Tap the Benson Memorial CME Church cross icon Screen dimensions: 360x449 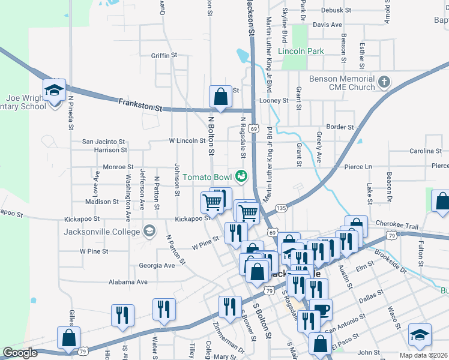384,81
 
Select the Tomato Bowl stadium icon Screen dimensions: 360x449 241,176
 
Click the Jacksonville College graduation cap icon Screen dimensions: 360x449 149,231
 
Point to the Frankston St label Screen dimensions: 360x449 140,105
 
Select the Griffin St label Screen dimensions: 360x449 164,55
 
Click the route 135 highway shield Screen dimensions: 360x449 281,208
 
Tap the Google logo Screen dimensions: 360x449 20,353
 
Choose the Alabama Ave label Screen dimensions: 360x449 128,282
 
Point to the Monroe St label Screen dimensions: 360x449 118,167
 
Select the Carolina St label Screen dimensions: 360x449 426,151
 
